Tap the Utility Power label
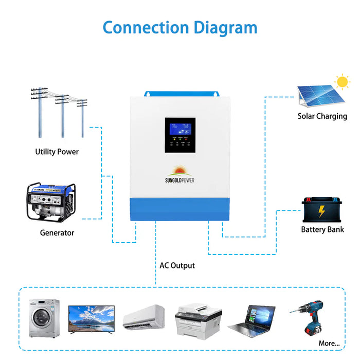point(57,152)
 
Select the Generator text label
point(57,233)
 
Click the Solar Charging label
point(322,116)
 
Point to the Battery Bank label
point(322,229)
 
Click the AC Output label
point(177,266)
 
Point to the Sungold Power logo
point(179,175)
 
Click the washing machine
point(44,318)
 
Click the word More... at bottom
point(329,343)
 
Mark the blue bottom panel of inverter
point(179,210)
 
